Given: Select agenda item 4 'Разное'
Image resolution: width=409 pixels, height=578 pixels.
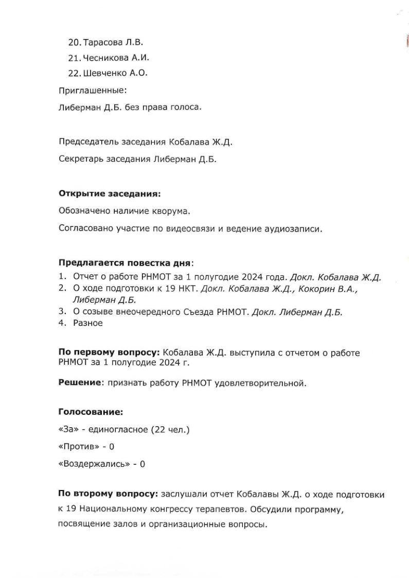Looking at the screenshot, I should pos(88,323).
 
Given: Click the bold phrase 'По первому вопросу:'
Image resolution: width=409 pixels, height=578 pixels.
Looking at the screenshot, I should pos(109,353).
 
